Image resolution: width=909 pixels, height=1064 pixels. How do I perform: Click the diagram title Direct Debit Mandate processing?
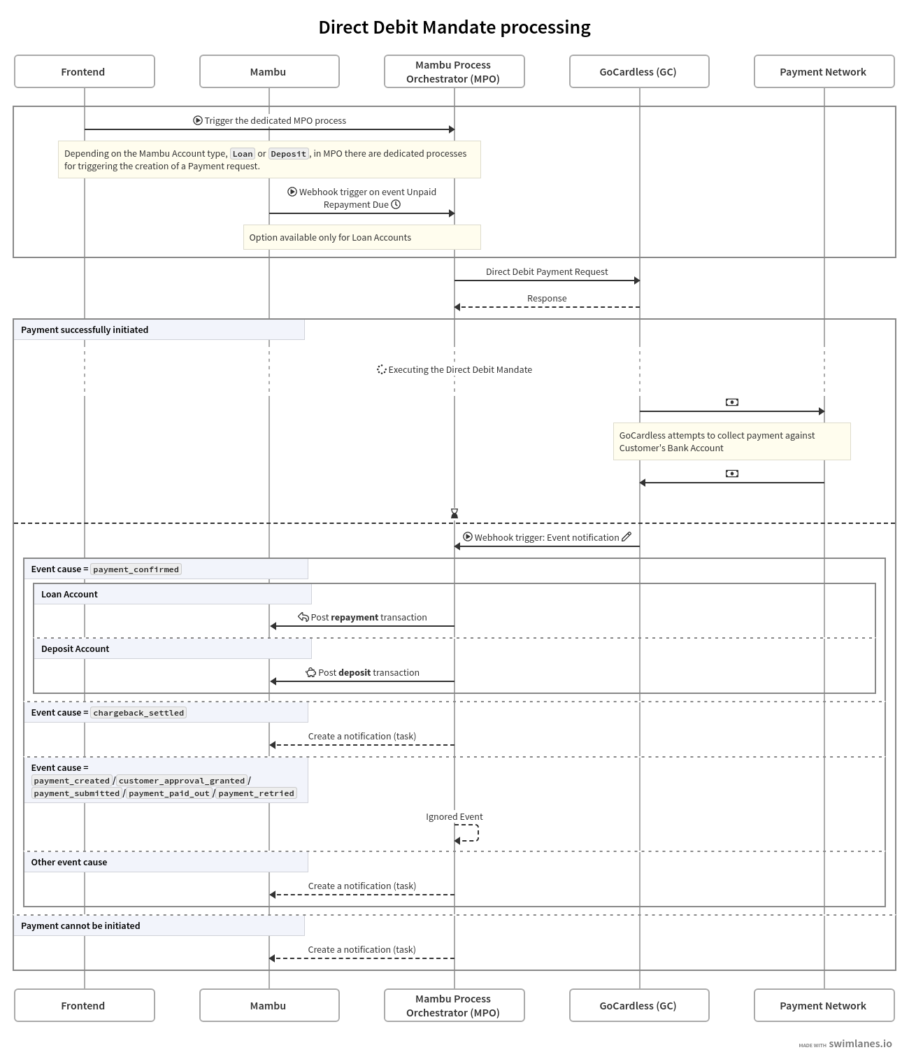pyautogui.click(x=454, y=27)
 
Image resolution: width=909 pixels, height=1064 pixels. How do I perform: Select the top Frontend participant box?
pyautogui.click(x=84, y=71)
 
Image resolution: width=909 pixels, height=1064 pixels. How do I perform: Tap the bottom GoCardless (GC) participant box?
pyautogui.click(x=638, y=1005)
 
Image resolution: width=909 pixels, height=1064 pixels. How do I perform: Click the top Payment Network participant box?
pyautogui.click(x=824, y=71)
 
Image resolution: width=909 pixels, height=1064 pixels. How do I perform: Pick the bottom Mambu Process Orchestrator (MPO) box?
pyautogui.click(x=454, y=1005)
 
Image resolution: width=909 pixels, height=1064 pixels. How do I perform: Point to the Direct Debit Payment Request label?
pyautogui.click(x=547, y=271)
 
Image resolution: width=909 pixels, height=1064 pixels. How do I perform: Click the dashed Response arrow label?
pyautogui.click(x=547, y=299)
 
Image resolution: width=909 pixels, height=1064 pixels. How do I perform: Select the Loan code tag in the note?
pyautogui.click(x=243, y=154)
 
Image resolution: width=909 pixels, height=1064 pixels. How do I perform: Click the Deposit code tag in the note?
pyautogui.click(x=289, y=154)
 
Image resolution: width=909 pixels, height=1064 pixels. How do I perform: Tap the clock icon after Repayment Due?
pyautogui.click(x=396, y=204)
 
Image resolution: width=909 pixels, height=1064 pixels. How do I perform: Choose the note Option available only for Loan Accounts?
pyautogui.click(x=362, y=237)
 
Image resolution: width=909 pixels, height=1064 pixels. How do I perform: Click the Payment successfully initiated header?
pyautogui.click(x=85, y=329)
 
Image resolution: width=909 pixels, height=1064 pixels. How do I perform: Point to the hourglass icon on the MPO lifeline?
pyautogui.click(x=454, y=513)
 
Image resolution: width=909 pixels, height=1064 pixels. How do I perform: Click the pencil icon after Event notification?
pyautogui.click(x=627, y=537)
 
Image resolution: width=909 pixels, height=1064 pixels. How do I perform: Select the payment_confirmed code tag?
pyautogui.click(x=136, y=569)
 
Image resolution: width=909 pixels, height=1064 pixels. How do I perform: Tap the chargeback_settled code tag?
pyautogui.click(x=138, y=713)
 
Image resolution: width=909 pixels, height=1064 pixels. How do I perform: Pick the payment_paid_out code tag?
pyautogui.click(x=169, y=793)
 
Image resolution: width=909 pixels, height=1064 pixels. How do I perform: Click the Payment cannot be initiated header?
pyautogui.click(x=80, y=925)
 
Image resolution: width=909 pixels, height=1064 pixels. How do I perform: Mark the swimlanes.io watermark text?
pyautogui.click(x=860, y=1044)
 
